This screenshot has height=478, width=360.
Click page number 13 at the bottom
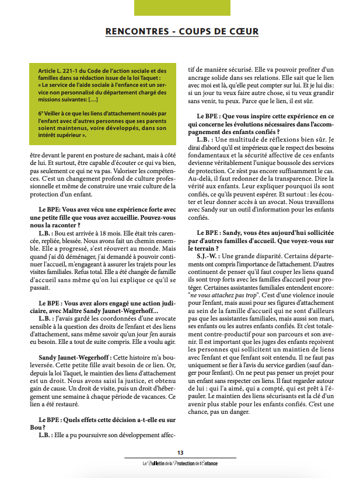pyautogui.click(x=180, y=453)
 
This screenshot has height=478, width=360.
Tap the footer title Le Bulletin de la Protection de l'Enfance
pyautogui.click(x=180, y=463)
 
